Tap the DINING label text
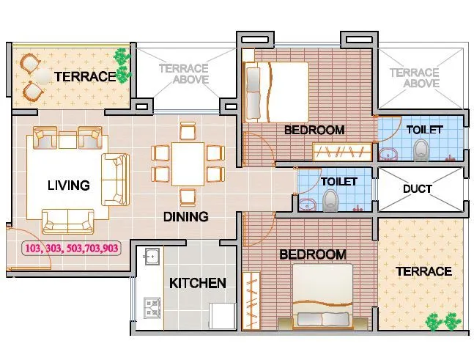coord(185,216)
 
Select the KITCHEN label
coord(198,283)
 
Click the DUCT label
coord(418,188)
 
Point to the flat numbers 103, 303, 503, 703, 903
coord(72,249)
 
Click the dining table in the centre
coord(188,164)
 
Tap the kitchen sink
coord(152,257)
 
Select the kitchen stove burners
coord(152,308)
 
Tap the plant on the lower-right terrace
coord(443,321)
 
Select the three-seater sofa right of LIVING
coord(115,179)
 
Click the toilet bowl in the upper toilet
coord(421,150)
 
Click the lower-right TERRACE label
coord(423,271)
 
